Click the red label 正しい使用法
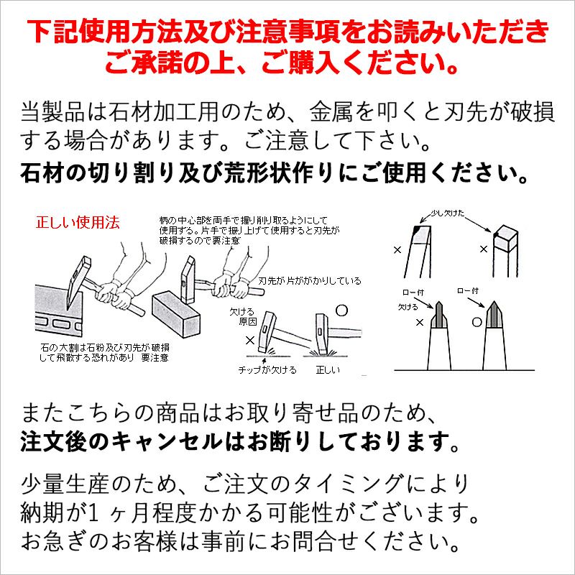click(x=78, y=223)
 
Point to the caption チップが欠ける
click(x=267, y=370)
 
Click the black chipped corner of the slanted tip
click(x=418, y=230)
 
